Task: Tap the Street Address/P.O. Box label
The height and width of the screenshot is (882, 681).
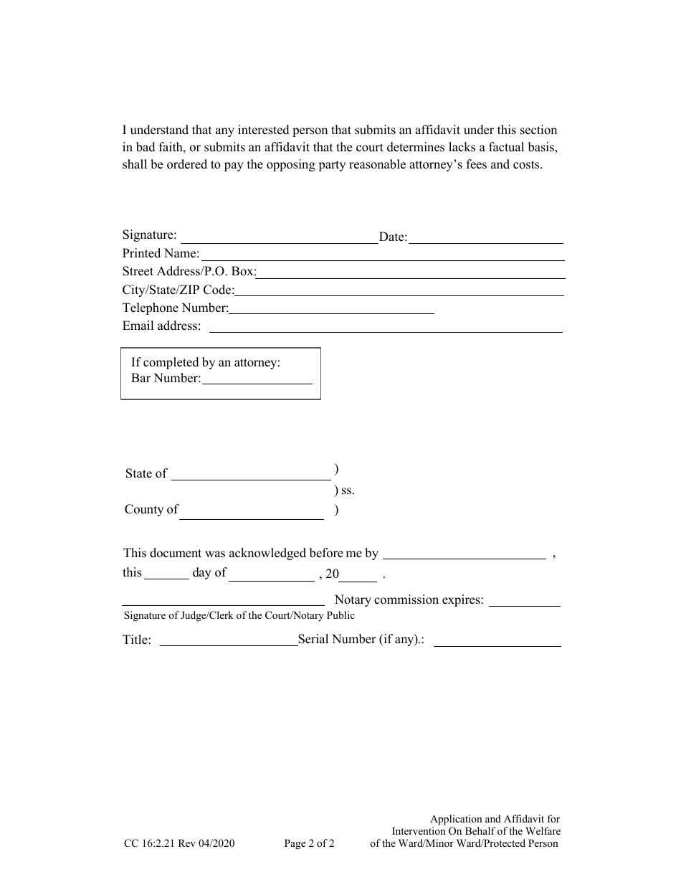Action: [189, 272]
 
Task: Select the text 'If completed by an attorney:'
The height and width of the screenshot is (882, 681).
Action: [206, 362]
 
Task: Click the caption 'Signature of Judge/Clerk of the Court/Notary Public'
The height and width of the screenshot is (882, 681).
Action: [239, 615]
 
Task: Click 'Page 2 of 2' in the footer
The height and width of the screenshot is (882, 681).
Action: [310, 844]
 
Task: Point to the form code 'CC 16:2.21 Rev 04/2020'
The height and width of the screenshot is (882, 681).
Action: [178, 844]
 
